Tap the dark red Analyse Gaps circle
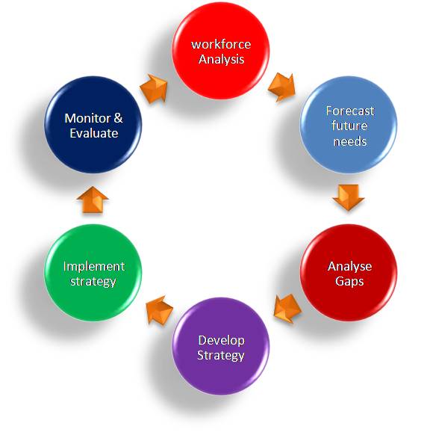349,274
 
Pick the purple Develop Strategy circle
221,347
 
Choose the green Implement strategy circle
93,274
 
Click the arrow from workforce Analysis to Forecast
284,86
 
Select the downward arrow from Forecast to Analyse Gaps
349,197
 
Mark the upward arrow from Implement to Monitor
93,200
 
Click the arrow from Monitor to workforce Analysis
155,87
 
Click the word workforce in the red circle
221,44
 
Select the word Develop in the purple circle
221,340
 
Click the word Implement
93,266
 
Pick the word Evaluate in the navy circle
93,133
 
